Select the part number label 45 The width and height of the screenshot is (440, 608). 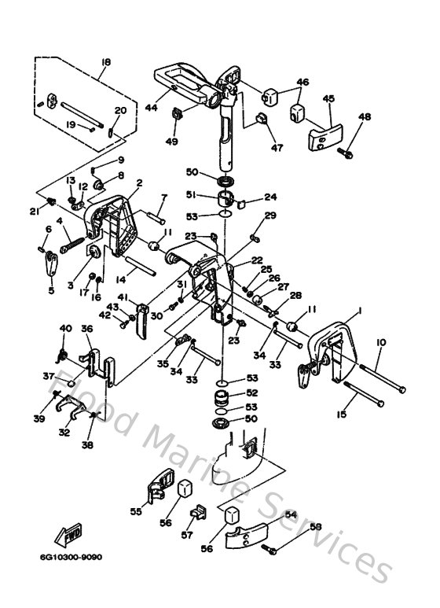point(328,98)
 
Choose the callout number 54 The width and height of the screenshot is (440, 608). point(291,514)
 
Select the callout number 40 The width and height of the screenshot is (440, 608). point(65,328)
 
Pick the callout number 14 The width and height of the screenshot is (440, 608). point(120,278)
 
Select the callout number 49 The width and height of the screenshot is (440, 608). point(172,141)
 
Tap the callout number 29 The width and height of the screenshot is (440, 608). point(269,216)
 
